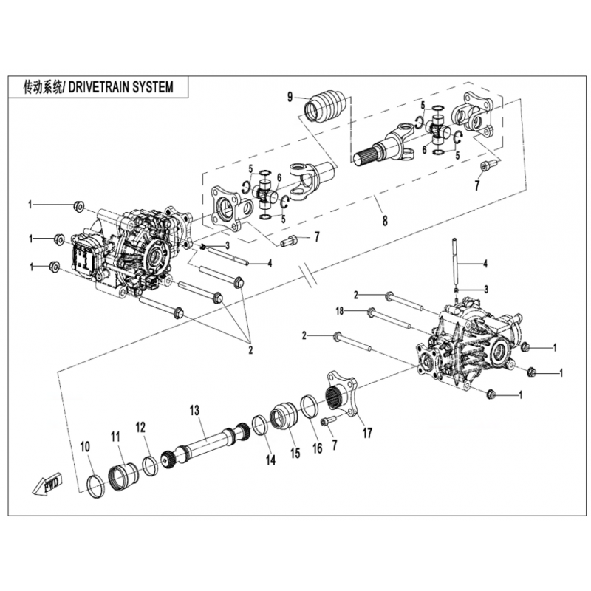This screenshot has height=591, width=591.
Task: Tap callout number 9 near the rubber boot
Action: [290, 97]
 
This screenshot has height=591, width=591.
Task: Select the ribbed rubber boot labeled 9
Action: [324, 106]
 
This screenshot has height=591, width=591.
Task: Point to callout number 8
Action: [385, 220]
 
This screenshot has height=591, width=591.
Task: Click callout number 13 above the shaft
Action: [194, 410]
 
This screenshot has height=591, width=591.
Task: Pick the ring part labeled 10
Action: [95, 487]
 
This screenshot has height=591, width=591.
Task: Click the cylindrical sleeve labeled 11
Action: [123, 476]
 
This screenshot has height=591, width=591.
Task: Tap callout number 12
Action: [140, 428]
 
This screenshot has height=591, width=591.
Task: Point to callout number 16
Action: [318, 448]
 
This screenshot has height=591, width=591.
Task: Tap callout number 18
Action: [340, 311]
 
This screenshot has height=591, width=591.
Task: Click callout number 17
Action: [367, 433]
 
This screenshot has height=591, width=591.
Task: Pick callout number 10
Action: [85, 447]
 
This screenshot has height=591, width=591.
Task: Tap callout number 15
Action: [295, 453]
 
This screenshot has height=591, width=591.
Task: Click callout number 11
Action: [115, 437]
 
